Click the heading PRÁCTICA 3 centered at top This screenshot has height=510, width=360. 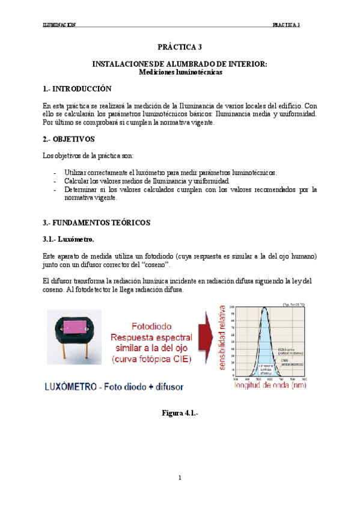[x=180, y=46]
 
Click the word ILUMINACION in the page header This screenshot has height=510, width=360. [x=59, y=25]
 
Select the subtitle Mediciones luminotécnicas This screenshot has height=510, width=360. [x=180, y=72]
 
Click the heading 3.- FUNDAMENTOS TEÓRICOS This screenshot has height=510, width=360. [x=96, y=223]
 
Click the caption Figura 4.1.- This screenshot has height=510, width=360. [x=180, y=413]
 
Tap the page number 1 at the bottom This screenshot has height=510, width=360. [x=180, y=478]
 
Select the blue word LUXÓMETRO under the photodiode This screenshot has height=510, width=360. [x=73, y=386]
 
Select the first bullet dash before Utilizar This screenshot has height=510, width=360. [x=55, y=173]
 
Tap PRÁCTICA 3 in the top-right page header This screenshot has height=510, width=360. [x=286, y=25]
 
